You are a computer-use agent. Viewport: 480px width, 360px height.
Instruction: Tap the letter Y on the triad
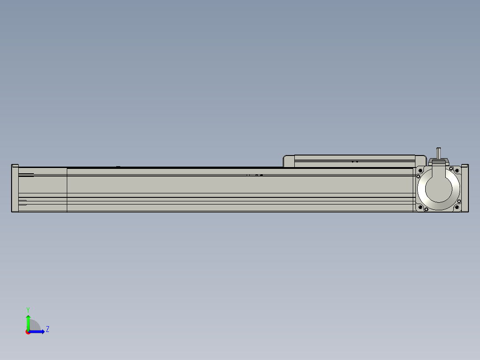click(28, 309)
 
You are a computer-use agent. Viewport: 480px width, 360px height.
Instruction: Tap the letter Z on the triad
click(47, 329)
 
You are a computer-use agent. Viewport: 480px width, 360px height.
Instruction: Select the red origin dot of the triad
click(28, 332)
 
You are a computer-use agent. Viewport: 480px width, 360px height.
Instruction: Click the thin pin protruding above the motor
click(439, 153)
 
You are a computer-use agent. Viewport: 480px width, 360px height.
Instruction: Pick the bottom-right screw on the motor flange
click(457, 207)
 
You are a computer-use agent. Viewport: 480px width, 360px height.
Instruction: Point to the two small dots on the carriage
click(355, 162)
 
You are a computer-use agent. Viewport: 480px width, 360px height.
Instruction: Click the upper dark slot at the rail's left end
click(26, 175)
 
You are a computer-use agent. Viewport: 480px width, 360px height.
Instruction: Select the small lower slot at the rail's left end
click(22, 203)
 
